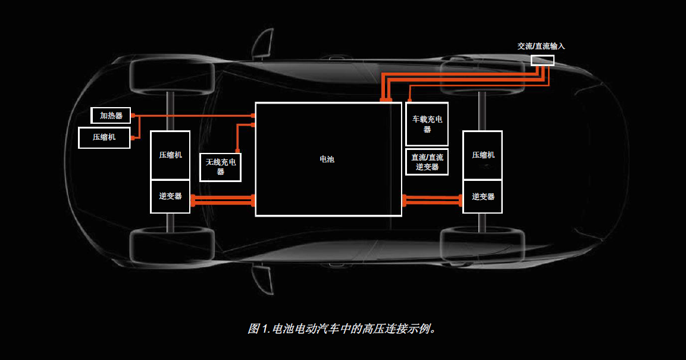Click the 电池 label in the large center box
327,159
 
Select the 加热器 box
111,115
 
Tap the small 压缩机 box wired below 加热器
104,137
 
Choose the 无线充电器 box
221,167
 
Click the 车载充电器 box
427,124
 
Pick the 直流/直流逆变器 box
427,162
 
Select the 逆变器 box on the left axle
170,196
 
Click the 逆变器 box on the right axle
483,196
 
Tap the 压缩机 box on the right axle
483,155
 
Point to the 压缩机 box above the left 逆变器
170,155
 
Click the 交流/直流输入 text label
541,46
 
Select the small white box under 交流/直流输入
542,60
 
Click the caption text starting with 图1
343,328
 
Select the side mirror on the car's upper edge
262,43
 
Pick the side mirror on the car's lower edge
262,278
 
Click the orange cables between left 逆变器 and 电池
223,201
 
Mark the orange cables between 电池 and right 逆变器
433,201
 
